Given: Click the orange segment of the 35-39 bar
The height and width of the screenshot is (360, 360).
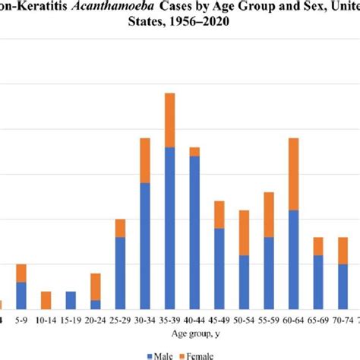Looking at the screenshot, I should (x=169, y=120).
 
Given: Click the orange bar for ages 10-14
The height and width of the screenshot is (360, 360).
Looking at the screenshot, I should (x=46, y=300).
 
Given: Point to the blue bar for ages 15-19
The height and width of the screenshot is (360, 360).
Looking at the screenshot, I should (x=71, y=300).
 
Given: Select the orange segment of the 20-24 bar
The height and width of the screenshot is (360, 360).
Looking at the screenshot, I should (x=95, y=286).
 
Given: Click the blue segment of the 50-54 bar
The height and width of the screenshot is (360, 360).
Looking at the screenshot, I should (x=244, y=282).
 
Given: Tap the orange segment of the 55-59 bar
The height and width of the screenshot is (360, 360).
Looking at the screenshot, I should (x=269, y=214).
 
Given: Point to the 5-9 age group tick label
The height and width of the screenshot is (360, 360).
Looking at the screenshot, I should (x=21, y=320).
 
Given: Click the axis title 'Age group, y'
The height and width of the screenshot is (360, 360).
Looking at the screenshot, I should (x=179, y=333).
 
